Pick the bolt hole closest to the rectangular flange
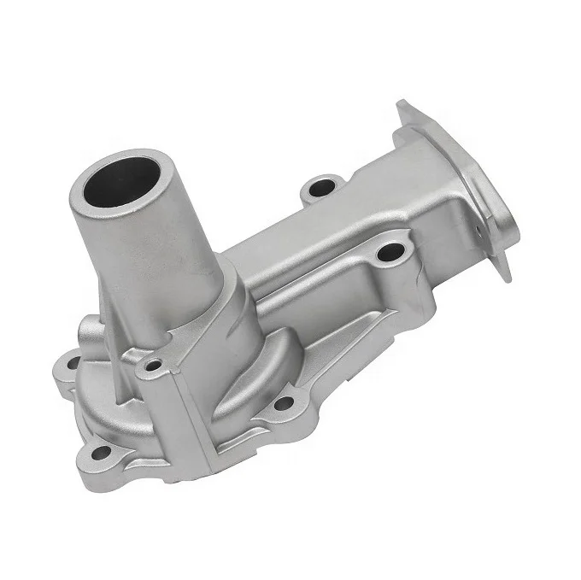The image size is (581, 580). coord(390,252)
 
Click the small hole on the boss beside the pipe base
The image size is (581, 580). coord(154,365)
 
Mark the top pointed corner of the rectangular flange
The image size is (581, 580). coord(402,105)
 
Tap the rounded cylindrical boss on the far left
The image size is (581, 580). coord(90,329)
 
